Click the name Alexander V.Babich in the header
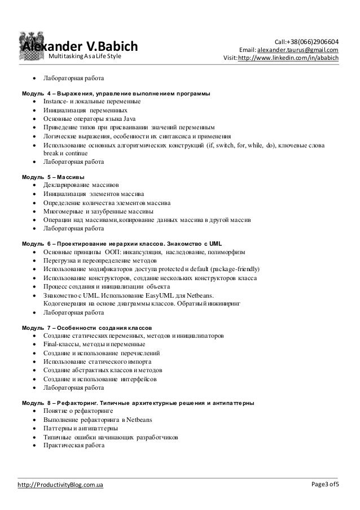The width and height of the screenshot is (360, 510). click(80, 46)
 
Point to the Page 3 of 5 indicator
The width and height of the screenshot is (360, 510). click(331, 485)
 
